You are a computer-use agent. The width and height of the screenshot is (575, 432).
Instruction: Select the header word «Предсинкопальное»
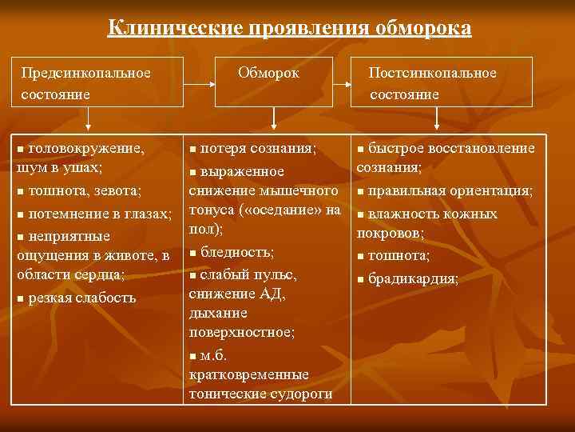click(x=86, y=73)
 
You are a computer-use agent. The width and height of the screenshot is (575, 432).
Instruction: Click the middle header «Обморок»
click(x=269, y=73)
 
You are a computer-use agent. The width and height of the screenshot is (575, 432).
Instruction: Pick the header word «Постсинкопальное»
click(x=432, y=73)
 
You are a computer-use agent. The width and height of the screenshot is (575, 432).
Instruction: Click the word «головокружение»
click(x=86, y=148)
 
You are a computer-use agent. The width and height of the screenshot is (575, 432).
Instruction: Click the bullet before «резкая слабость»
click(x=20, y=299)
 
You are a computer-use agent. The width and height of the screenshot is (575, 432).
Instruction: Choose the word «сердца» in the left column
click(x=102, y=274)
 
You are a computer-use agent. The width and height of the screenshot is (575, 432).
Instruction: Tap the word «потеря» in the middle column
click(x=223, y=148)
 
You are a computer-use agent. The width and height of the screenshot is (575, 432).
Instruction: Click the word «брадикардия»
click(x=413, y=279)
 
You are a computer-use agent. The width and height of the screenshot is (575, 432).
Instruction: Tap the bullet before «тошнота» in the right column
click(x=361, y=257)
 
